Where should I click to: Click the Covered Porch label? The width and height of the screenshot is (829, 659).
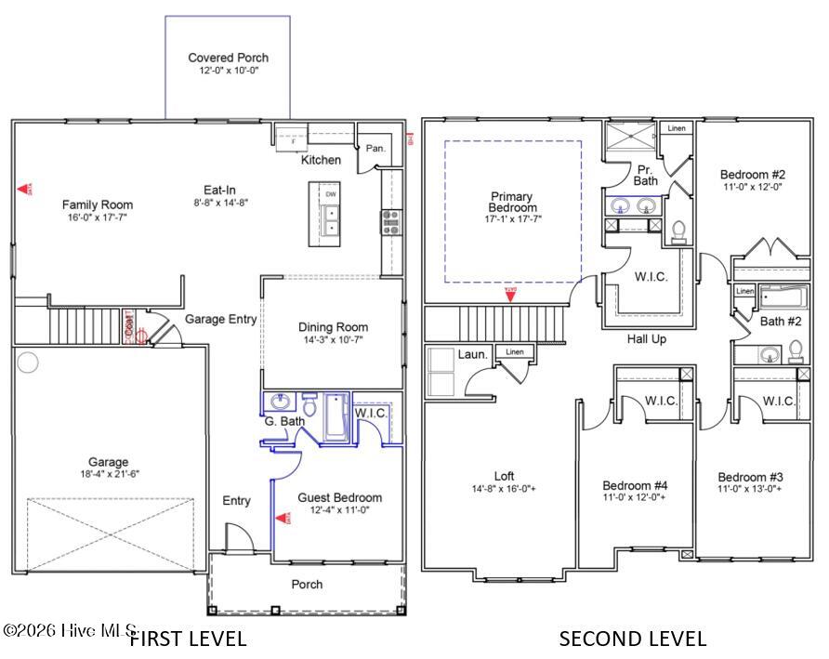pyautogui.click(x=228, y=58)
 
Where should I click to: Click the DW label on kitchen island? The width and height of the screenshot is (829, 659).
pyautogui.click(x=331, y=194)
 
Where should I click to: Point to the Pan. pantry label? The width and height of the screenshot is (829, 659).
pyautogui.click(x=375, y=148)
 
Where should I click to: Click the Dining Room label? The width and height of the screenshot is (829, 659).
pyautogui.click(x=333, y=327)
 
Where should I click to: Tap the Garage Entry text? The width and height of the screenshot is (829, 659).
pyautogui.click(x=220, y=319)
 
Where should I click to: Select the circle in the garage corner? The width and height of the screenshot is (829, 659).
pyautogui.click(x=28, y=362)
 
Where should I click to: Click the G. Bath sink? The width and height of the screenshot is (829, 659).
pyautogui.click(x=277, y=402)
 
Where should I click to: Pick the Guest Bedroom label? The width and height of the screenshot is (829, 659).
pyautogui.click(x=339, y=497)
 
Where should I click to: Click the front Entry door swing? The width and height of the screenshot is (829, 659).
pyautogui.click(x=238, y=536)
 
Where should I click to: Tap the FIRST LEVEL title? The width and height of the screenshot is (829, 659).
pyautogui.click(x=188, y=639)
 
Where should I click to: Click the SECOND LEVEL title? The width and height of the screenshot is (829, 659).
pyautogui.click(x=632, y=639)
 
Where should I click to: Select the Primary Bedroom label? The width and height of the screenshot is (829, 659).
pyautogui.click(x=512, y=202)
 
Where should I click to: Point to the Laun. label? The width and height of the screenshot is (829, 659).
pyautogui.click(x=472, y=354)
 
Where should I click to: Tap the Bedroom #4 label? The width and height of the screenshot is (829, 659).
pyautogui.click(x=635, y=485)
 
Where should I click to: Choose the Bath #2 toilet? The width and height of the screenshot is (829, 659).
pyautogui.click(x=796, y=350)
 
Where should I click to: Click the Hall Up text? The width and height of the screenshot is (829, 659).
pyautogui.click(x=646, y=339)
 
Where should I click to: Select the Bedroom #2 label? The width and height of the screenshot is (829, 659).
pyautogui.click(x=753, y=174)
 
